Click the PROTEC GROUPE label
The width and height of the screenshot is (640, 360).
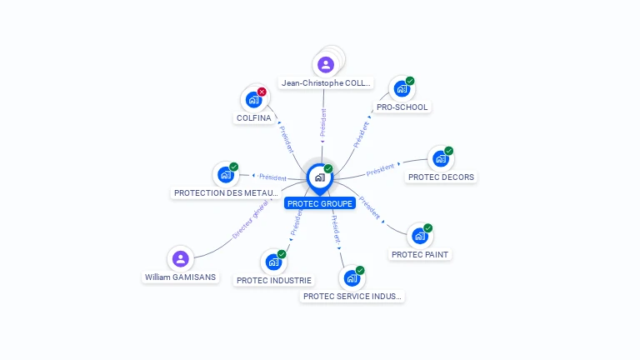[320, 203]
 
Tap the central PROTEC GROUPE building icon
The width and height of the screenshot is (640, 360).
[319, 177]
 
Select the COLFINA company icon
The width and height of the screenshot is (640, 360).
[253, 100]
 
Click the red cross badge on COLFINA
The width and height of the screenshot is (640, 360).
[262, 92]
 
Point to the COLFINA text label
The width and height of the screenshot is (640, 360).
[254, 118]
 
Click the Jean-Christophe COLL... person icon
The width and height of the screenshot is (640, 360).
[326, 64]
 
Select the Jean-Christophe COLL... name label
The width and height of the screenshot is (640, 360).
[326, 83]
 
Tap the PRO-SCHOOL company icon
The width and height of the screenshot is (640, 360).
[402, 89]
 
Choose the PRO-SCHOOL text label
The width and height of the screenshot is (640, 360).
[402, 107]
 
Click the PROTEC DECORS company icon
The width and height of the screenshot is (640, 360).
[440, 159]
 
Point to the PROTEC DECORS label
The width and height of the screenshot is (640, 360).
[441, 177]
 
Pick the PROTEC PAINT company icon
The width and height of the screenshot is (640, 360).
[419, 236]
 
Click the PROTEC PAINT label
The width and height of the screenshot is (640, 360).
[420, 255]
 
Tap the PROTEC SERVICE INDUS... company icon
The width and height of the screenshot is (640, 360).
[352, 278]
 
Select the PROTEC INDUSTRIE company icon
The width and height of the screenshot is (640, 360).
[272, 262]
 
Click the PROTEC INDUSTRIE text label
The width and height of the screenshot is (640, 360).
[274, 281]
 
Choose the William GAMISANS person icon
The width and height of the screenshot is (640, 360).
[180, 258]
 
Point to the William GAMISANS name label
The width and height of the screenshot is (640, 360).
[180, 277]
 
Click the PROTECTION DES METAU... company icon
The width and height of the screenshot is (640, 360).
[225, 175]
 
